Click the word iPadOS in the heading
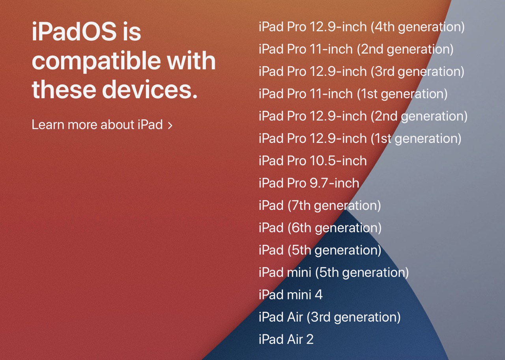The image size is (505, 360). click(x=74, y=31)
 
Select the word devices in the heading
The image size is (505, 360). click(x=150, y=89)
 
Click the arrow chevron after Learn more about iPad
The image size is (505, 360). click(x=170, y=126)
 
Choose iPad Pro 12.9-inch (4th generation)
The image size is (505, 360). click(x=362, y=27)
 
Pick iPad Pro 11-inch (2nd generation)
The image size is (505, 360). click(x=356, y=50)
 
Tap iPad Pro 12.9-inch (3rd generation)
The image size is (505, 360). click(x=361, y=72)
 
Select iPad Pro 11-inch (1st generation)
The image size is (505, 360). click(x=353, y=94)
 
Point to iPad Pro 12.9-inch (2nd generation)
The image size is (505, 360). click(x=363, y=116)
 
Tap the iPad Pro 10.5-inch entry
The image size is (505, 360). click(x=313, y=161)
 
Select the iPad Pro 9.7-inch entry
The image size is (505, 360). click(x=309, y=183)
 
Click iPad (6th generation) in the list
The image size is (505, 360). click(x=320, y=228)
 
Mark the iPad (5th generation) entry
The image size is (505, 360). click(x=320, y=250)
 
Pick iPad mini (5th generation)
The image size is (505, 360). click(x=334, y=273)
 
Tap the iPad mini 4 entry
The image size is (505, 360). click(x=291, y=294)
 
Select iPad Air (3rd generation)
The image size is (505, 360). click(x=329, y=317)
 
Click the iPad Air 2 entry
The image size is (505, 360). click(x=286, y=339)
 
